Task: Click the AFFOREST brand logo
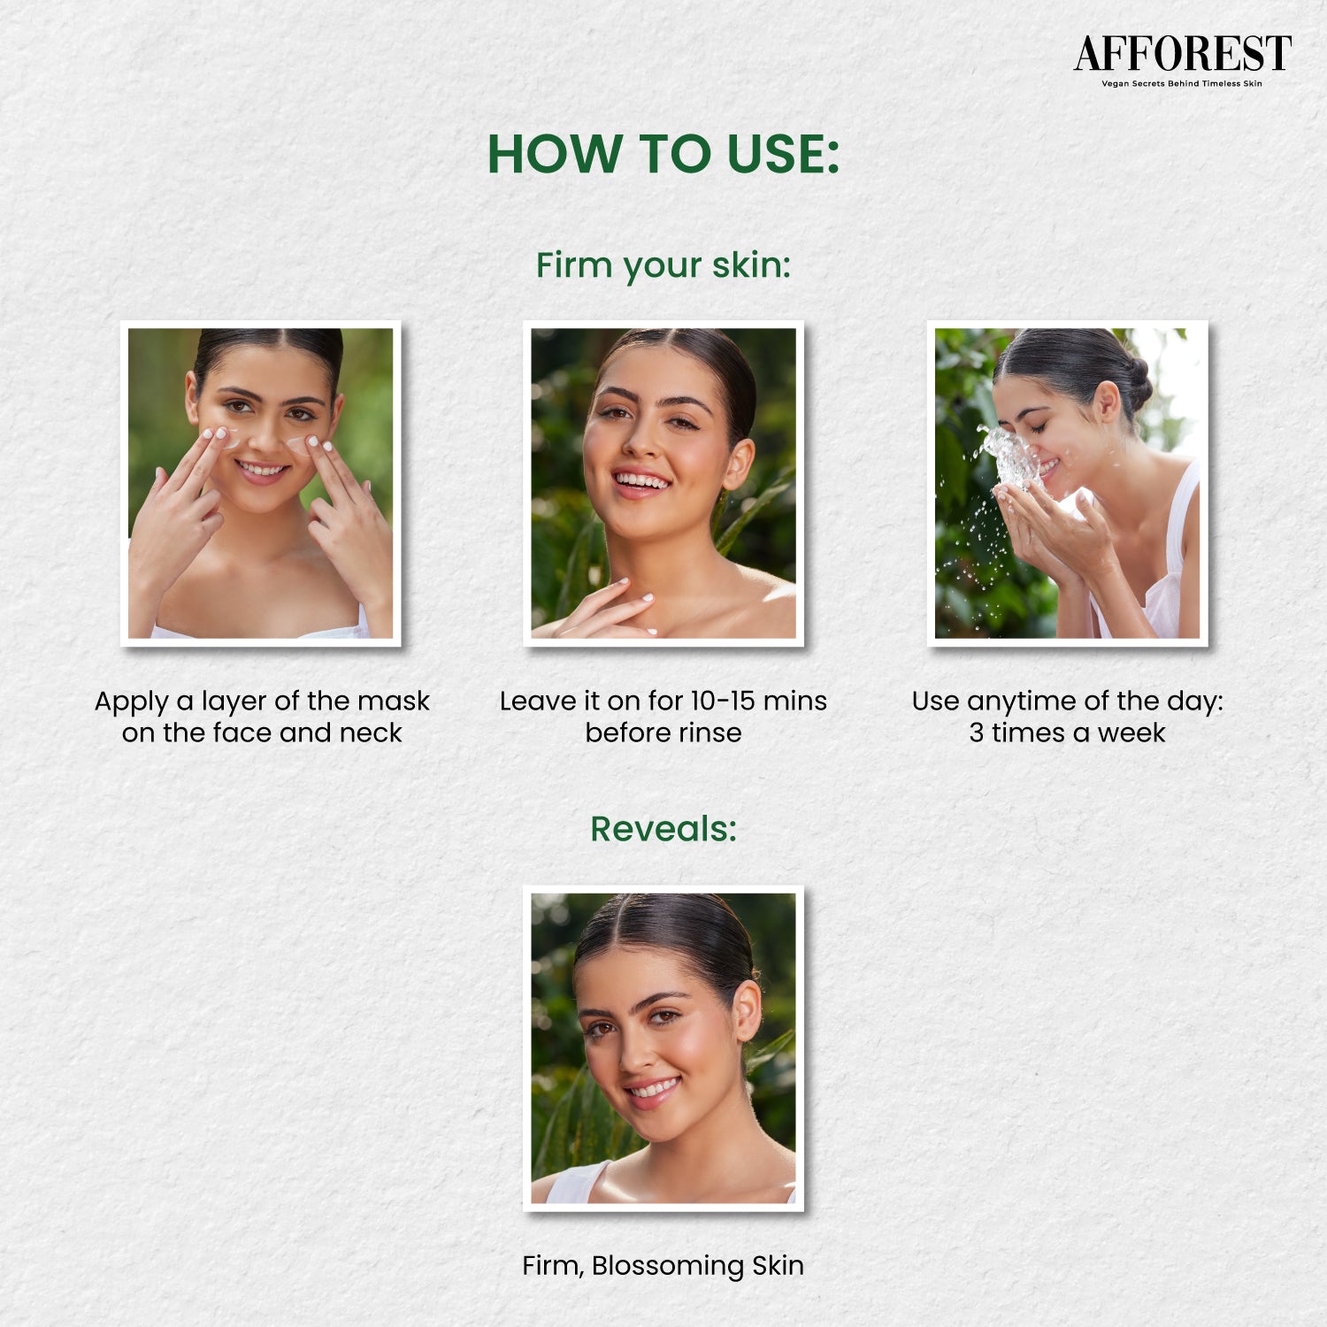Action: [1183, 54]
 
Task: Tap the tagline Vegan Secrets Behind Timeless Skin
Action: [1182, 84]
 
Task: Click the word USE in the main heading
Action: [783, 154]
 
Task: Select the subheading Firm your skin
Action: [663, 265]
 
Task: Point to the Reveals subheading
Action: [663, 829]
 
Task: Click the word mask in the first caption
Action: [394, 701]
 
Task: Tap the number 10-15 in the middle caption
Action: [722, 701]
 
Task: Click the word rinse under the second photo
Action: [710, 733]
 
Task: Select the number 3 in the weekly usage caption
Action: [976, 733]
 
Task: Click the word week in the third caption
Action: [1131, 733]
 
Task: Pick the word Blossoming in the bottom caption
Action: [668, 1266]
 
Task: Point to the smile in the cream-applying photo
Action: [262, 469]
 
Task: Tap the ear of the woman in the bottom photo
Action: [747, 1010]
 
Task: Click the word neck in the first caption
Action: [372, 733]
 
